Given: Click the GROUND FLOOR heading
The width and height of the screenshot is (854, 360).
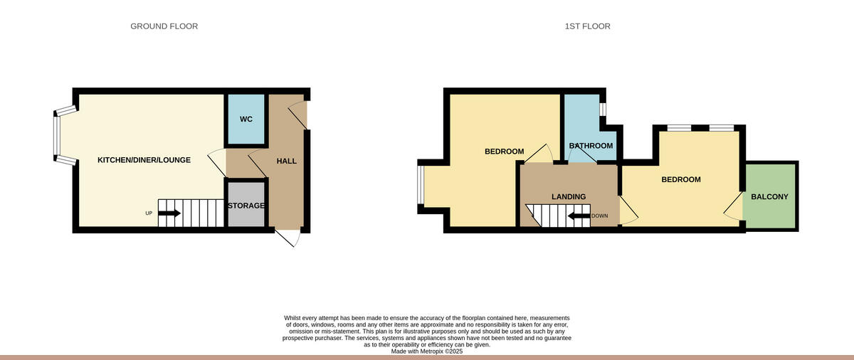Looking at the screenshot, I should coord(164,26).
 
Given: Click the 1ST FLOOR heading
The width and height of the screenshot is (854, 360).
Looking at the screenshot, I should coord(587,26).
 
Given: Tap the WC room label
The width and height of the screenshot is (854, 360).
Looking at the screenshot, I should coord(246,119).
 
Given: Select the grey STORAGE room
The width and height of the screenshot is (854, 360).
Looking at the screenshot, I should coord(246,206).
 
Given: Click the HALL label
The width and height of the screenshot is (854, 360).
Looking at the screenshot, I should coord(286,161).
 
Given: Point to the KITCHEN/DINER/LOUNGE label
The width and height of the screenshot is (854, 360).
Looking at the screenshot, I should coord(144,160).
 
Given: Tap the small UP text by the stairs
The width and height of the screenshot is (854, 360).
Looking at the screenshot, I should coord(149,213).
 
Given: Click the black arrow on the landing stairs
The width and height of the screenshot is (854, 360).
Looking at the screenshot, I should coord(578,216).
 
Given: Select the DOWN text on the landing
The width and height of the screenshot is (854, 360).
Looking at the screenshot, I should coord(599,216).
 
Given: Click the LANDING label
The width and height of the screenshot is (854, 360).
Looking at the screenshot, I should coord(569,196).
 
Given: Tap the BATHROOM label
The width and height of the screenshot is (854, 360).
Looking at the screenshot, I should coord(591,146).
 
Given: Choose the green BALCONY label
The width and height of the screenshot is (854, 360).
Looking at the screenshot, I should coord(769,196).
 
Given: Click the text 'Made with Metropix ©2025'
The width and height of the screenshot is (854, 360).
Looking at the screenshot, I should coord(427,351).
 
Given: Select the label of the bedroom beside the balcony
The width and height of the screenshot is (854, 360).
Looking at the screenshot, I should coord(681,179).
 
